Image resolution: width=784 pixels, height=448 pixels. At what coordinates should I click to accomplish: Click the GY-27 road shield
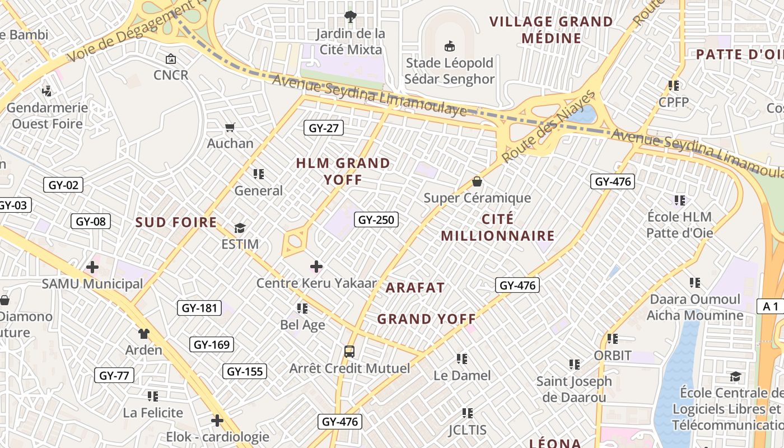coord(324,128)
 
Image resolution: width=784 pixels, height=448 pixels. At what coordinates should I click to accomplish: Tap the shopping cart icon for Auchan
coord(230,127)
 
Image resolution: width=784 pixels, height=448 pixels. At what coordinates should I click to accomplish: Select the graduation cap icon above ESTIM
coord(240,228)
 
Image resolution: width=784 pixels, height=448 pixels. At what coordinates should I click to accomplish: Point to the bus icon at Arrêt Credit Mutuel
coord(349,352)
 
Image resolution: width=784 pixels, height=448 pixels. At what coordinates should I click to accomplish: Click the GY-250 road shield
coord(376,220)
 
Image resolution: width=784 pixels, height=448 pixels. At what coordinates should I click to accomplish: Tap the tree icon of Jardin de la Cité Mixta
coord(351,16)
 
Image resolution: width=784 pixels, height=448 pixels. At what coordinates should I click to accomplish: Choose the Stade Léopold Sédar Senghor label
coord(450,71)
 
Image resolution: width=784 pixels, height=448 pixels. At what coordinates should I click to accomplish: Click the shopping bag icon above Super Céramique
coord(477,181)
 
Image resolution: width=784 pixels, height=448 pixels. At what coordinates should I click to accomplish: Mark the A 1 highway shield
coord(771,306)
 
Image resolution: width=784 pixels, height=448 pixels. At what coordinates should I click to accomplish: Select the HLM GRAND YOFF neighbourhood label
coord(343,171)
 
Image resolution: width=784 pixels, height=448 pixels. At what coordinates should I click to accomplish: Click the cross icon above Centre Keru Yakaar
coord(316,267)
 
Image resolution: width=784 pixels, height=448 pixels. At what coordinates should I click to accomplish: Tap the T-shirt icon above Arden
coord(144,334)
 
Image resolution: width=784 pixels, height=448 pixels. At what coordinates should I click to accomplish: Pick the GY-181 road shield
coord(199,308)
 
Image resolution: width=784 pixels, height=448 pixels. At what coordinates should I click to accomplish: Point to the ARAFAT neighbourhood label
coord(415,288)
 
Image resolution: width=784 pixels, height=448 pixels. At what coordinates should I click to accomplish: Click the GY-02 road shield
coord(63,185)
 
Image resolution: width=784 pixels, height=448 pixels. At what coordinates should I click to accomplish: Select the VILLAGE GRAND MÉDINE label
coord(551,30)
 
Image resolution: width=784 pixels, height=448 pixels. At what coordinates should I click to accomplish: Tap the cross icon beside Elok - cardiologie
coord(217,421)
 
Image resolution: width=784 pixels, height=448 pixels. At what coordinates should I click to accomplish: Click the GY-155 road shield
coord(245,371)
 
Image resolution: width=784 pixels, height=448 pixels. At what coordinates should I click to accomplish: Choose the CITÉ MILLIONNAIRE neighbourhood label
coord(497,227)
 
